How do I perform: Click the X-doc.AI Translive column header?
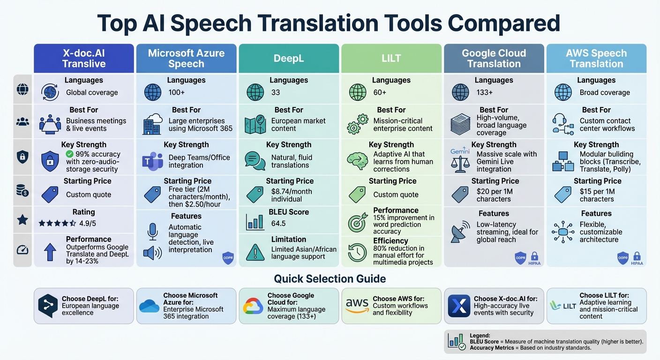[x=84, y=59]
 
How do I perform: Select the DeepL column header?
[x=289, y=59]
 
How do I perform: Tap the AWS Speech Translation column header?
[x=596, y=59]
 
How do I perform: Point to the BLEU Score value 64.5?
[x=278, y=224]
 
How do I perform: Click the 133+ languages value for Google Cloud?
[x=485, y=92]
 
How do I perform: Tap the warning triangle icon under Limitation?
[x=255, y=252]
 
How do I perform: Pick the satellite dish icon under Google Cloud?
[x=460, y=232]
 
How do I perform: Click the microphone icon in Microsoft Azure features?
[x=152, y=231]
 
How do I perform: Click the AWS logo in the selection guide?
[x=357, y=306]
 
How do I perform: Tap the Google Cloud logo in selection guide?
[x=253, y=306]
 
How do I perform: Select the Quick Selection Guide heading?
[x=330, y=279]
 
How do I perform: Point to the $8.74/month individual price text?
[x=292, y=195]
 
